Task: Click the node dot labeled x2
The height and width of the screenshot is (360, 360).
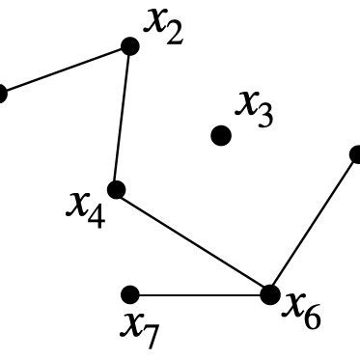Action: pyautogui.click(x=130, y=45)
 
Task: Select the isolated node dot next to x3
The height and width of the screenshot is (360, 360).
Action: pyautogui.click(x=221, y=135)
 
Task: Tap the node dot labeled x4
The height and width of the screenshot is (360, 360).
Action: pyautogui.click(x=116, y=189)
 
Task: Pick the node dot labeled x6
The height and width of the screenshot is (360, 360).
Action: pyautogui.click(x=269, y=294)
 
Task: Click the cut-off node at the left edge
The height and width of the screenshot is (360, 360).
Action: pyautogui.click(x=2, y=94)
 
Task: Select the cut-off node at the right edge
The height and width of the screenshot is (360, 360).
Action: pyautogui.click(x=356, y=153)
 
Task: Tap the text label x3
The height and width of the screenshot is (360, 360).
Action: pyautogui.click(x=255, y=108)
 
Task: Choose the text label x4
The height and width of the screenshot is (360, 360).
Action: pyautogui.click(x=87, y=208)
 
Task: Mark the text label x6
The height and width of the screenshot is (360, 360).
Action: pyautogui.click(x=301, y=309)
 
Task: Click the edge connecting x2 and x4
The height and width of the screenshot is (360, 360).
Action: pyautogui.click(x=123, y=118)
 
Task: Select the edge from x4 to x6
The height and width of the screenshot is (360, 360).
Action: pyautogui.click(x=193, y=242)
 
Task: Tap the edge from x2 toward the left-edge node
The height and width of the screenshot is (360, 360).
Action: pyautogui.click(x=66, y=69)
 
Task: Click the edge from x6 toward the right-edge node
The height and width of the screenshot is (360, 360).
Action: pyautogui.click(x=313, y=224)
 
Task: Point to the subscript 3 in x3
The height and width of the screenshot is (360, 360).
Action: pyautogui.click(x=263, y=116)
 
